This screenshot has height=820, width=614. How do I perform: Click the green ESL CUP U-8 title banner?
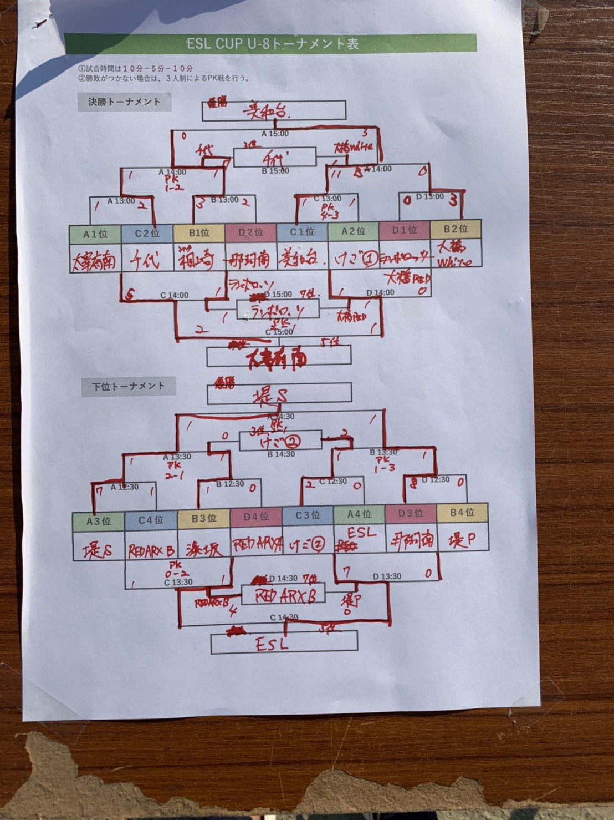[270, 43]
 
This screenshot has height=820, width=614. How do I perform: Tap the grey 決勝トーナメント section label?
[124, 102]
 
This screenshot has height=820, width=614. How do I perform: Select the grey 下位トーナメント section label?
[129, 386]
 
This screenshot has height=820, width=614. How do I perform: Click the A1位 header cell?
[95, 234]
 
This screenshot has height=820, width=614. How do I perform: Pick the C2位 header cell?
[147, 234]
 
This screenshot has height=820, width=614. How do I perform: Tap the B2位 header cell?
[456, 229]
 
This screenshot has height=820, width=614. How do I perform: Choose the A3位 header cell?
[99, 521]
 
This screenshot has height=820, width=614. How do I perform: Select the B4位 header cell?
[463, 513]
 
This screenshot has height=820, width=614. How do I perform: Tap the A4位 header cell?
[359, 515]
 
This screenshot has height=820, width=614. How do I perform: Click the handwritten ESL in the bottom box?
[272, 644]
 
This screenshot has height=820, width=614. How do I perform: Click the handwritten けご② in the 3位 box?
[280, 441]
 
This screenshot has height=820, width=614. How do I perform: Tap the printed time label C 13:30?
[178, 582]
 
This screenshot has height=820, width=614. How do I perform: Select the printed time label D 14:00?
[380, 292]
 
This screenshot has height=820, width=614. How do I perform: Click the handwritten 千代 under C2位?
[146, 260]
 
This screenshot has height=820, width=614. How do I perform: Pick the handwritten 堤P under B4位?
[458, 539]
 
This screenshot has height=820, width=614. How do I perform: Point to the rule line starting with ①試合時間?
[136, 69]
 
